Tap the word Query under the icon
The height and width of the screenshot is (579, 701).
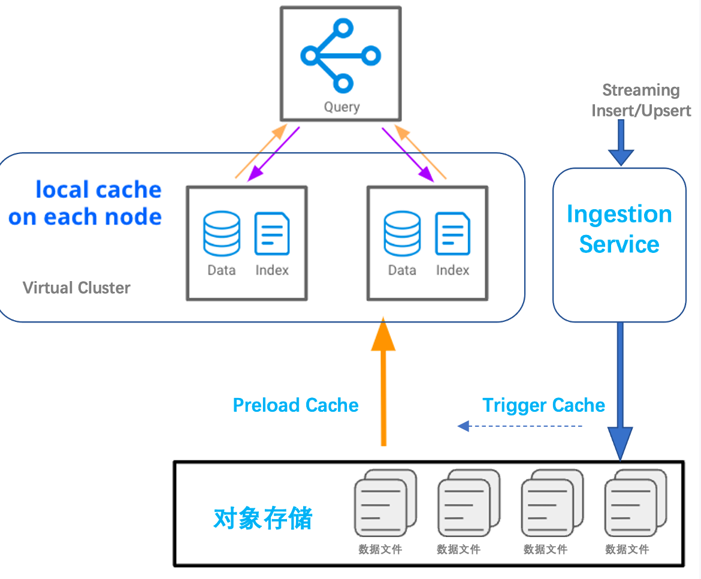coord(342,107)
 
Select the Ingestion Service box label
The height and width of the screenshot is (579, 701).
coord(620,229)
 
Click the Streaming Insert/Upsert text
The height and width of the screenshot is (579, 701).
coord(641,101)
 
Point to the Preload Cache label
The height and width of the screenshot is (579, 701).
coord(295,405)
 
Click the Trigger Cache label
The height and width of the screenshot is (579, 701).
coord(543,405)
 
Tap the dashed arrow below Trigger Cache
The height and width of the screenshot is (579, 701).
coord(520,426)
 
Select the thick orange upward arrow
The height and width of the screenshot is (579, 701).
coord(383,384)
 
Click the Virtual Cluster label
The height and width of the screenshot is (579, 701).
coord(77,288)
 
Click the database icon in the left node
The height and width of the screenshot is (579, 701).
coord(222,234)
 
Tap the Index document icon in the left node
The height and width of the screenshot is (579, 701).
coord(272,234)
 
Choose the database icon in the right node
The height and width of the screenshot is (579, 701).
coord(402,234)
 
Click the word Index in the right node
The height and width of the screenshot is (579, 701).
coord(452,270)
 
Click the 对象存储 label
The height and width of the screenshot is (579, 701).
coord(263,518)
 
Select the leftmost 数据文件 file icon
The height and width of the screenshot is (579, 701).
coord(383,503)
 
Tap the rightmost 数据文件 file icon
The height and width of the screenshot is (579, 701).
coord(634,503)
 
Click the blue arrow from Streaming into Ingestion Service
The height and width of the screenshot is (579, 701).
coord(621,143)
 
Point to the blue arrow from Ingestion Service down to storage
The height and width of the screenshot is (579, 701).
coord(620,390)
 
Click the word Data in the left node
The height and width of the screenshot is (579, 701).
coord(222,270)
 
